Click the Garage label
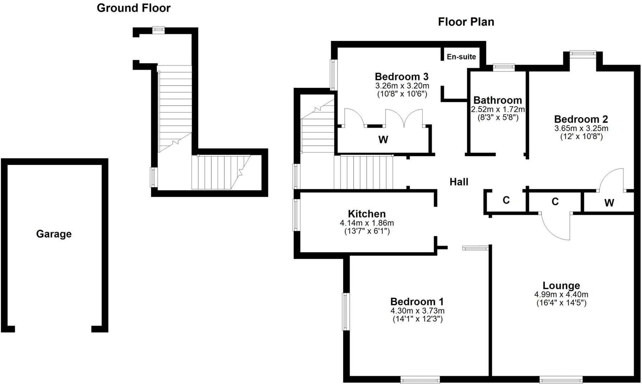point(54,234)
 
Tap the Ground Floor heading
point(134,8)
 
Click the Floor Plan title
point(466,22)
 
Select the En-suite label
point(461,57)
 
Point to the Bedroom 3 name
point(402,76)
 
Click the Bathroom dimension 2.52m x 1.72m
point(498,109)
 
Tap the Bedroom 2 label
point(581,119)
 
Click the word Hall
point(459,182)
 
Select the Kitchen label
point(367,214)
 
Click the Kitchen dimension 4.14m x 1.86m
point(367,223)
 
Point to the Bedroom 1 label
point(417,302)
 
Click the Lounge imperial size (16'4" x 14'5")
point(561,303)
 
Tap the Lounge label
point(561,286)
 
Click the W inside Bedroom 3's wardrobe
point(383,140)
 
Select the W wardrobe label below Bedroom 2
point(609,203)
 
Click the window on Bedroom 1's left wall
point(346,311)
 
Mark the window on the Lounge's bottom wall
point(561,380)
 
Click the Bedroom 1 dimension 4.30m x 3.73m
point(417,311)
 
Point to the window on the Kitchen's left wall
point(296,215)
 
